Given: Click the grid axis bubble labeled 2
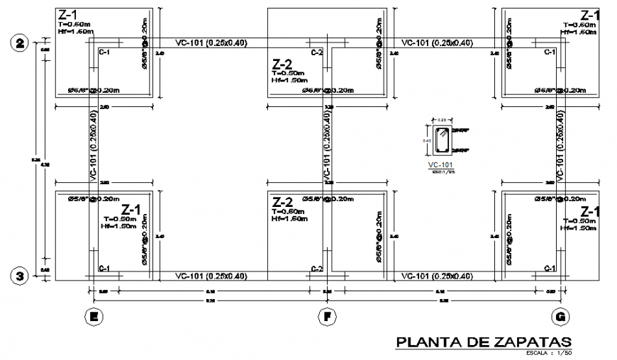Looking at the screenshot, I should coord(19,43).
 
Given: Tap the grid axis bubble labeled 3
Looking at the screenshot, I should coord(19,276).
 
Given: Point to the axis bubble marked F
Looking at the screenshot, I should coord(326,317).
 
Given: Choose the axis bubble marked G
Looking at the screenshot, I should coord(561,317).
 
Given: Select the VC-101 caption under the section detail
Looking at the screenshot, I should coord(440,165).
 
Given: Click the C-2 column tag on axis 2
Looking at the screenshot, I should coord(316,52).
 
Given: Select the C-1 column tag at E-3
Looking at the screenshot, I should coord(104,268).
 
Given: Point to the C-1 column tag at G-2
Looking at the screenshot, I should coord(549,52).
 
